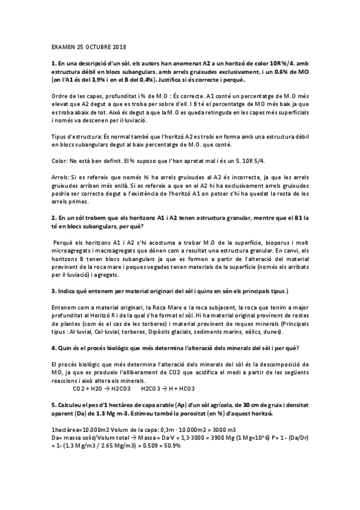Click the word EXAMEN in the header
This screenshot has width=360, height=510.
[x=62, y=46]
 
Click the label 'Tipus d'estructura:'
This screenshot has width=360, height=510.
[x=77, y=136]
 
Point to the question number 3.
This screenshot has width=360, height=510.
[x=54, y=290]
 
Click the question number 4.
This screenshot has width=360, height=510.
[x=54, y=349]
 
